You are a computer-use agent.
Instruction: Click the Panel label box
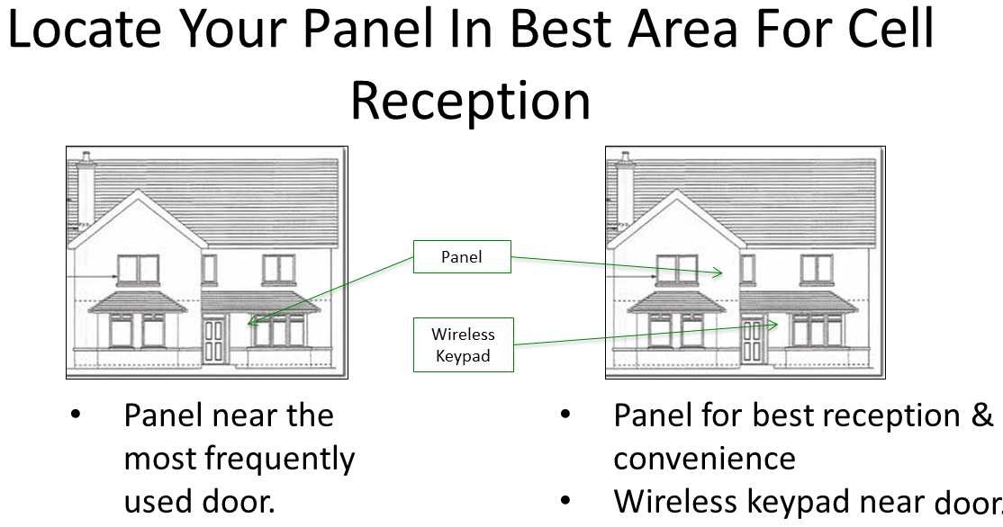[x=462, y=257]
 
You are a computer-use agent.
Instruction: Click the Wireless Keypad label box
[x=463, y=344]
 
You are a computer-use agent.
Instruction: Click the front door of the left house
[x=214, y=341]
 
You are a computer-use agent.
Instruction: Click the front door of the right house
[x=753, y=341]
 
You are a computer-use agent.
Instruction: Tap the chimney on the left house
[x=86, y=188]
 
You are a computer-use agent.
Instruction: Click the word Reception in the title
[x=470, y=101]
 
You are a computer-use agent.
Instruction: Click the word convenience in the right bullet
[x=704, y=459]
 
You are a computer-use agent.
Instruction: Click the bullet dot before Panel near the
[x=76, y=416]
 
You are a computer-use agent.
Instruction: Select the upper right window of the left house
[x=278, y=268]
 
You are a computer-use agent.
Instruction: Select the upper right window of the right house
[x=817, y=268]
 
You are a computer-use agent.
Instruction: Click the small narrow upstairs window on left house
[x=210, y=268]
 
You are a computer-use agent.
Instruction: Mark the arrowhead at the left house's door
[x=249, y=321]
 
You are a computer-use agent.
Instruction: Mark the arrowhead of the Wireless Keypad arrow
[x=773, y=325]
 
